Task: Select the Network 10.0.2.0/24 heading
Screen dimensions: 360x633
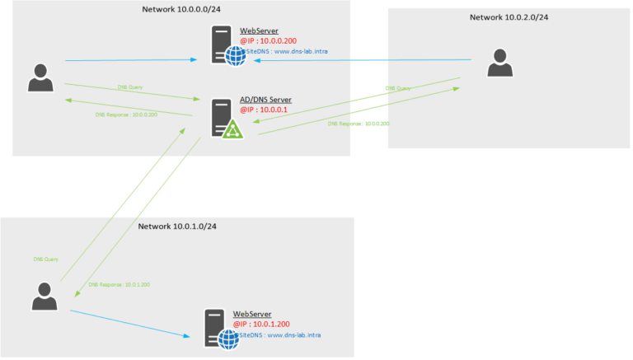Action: tap(509, 16)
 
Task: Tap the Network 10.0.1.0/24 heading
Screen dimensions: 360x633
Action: tap(177, 226)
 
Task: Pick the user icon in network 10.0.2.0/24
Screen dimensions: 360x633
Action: tap(498, 63)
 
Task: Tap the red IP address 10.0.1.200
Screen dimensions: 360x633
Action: tap(261, 325)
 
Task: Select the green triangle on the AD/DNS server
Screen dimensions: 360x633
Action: tap(232, 128)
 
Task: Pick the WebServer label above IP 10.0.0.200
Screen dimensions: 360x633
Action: tap(259, 30)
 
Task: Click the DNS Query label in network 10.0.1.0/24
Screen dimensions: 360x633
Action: tap(45, 259)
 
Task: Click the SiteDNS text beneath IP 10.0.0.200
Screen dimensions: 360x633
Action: tap(289, 51)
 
